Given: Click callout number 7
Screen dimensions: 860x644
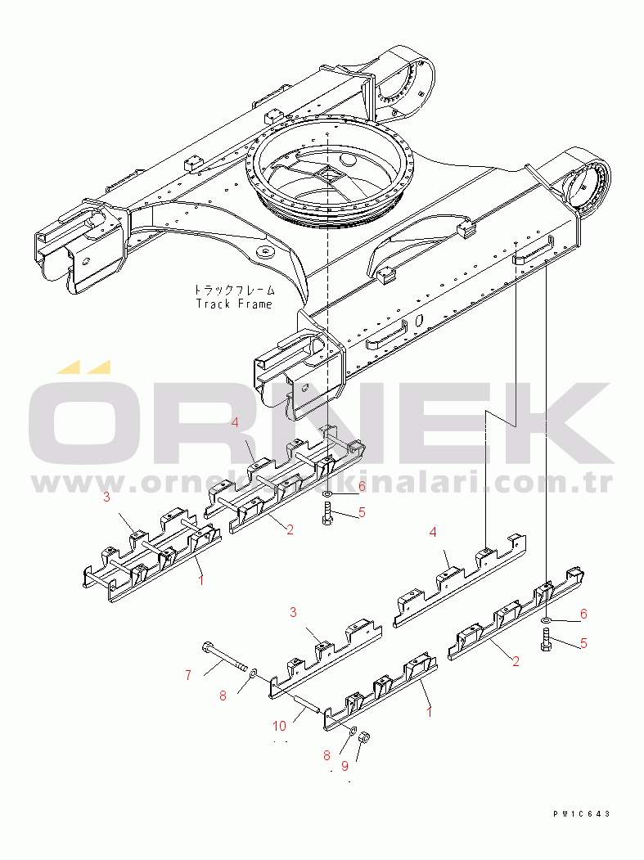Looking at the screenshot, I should point(187,675).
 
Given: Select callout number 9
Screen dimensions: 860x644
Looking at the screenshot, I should point(345,766).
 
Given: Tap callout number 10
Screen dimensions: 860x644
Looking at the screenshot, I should point(280,725).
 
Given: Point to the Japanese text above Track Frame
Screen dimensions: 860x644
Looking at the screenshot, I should point(235,290).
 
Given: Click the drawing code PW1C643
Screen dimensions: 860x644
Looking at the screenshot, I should point(581,813).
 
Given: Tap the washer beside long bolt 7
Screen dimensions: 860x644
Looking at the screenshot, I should point(252,672).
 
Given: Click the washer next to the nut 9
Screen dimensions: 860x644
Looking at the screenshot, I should point(353,729).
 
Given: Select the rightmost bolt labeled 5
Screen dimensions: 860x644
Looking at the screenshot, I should point(546,640).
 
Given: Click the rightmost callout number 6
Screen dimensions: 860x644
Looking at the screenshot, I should point(583,614).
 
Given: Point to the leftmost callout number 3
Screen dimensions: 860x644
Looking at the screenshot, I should point(106,497).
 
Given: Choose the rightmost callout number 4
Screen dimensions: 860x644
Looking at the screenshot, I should point(434,532).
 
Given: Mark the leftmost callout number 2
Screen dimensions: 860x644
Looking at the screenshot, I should point(290,529).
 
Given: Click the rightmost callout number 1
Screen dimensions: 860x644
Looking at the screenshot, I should point(430,712).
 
